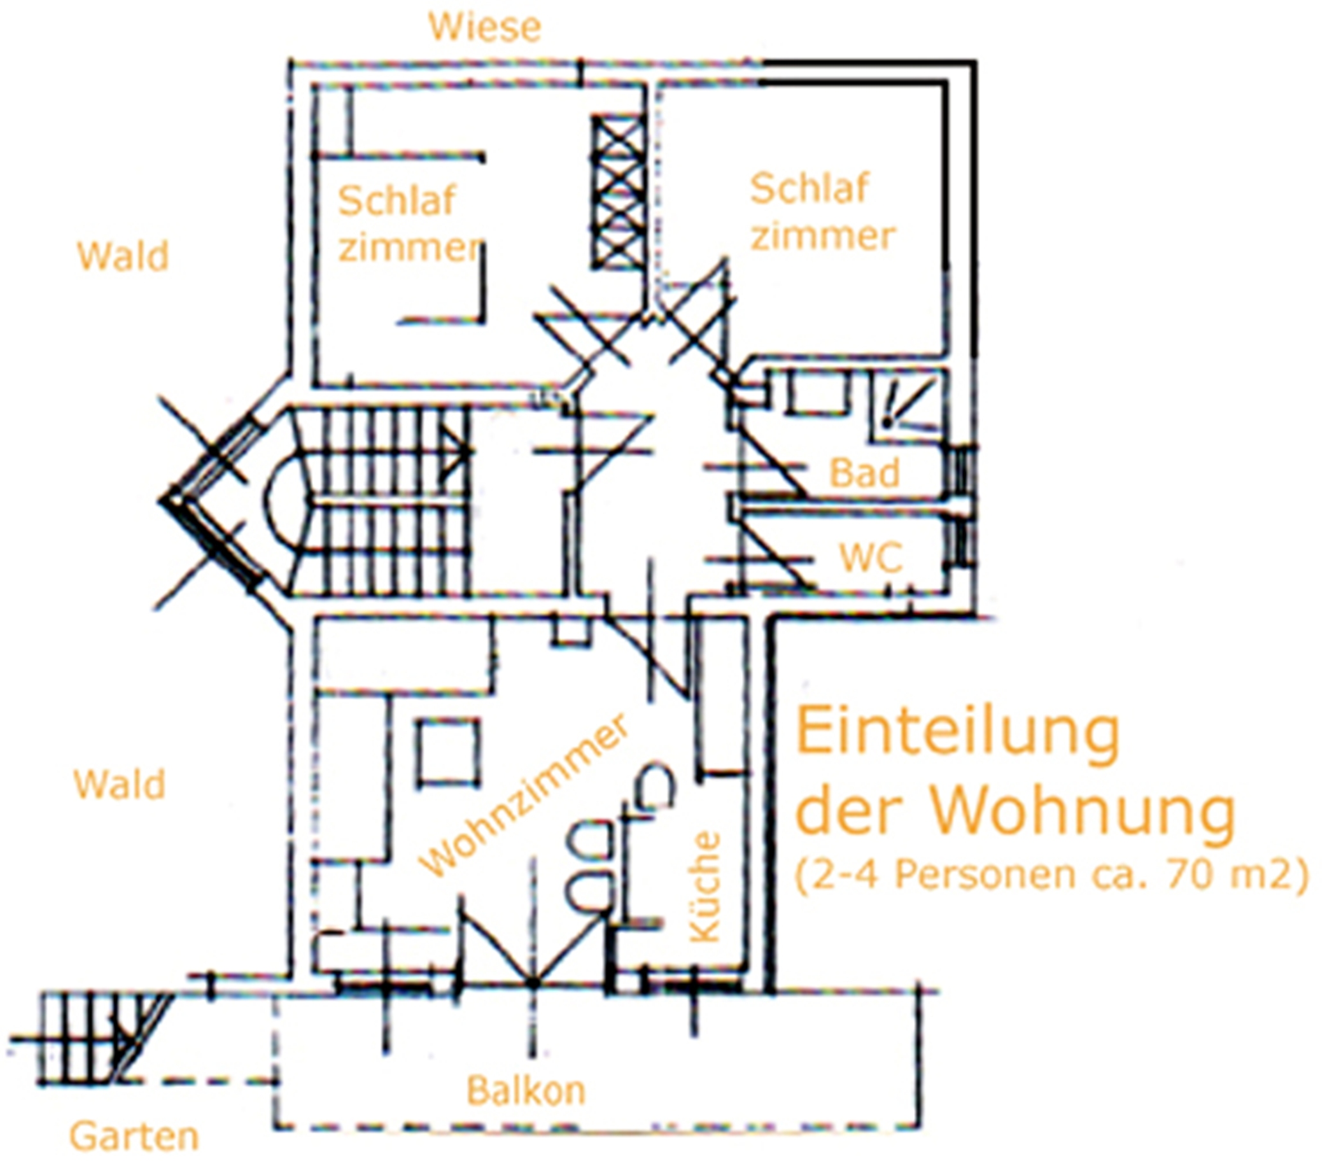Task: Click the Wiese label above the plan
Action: click(484, 27)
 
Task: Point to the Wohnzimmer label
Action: click(524, 795)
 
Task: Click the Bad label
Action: click(864, 473)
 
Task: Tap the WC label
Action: click(870, 557)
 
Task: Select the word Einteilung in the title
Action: click(957, 733)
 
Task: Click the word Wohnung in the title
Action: click(1082, 810)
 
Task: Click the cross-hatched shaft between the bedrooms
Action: click(618, 192)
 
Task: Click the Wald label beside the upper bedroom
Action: click(123, 256)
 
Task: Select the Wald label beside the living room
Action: click(119, 784)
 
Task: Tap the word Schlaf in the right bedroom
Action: click(809, 188)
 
